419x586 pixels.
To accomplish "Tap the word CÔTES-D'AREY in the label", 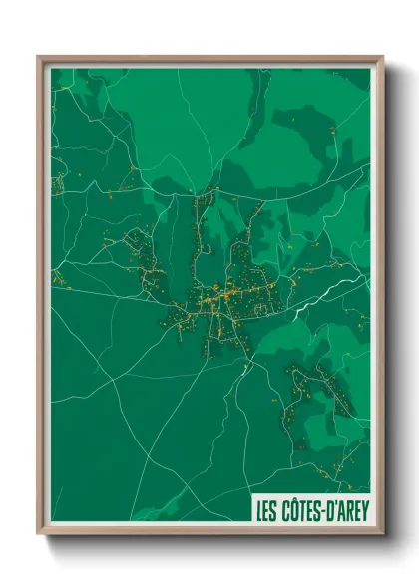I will [x=324, y=511].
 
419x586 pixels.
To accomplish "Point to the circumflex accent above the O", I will [x=295, y=501].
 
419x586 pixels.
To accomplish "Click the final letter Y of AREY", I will [x=363, y=511].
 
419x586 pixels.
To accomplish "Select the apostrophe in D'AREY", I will [x=334, y=505].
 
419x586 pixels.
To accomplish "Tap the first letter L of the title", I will [x=259, y=511].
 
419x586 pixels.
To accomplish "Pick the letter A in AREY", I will [x=340, y=511].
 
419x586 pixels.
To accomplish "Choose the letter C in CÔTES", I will [x=286, y=511].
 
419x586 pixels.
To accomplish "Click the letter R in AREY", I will [x=348, y=511].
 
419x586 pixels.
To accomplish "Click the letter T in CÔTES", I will [x=303, y=511].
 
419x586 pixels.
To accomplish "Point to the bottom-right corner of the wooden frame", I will [x=381, y=534].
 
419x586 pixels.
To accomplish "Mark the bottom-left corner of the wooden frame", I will [x=40, y=534].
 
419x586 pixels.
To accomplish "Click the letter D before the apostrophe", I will [x=328, y=511].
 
